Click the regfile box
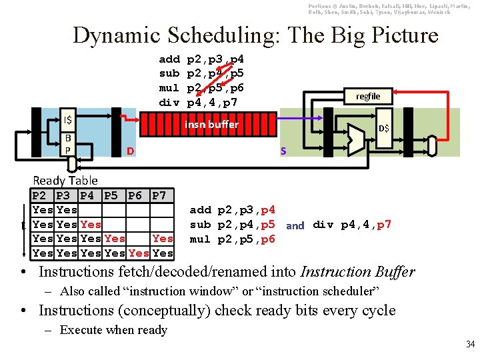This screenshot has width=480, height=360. click(367, 96)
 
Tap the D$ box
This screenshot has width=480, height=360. click(384, 128)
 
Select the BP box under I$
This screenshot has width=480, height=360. click(67, 143)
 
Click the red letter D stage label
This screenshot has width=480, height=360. click(131, 152)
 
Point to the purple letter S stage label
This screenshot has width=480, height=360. click(283, 152)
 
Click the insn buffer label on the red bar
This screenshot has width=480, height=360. click(211, 125)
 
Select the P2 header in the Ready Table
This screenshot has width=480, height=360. click(39, 195)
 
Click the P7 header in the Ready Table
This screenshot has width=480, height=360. click(159, 195)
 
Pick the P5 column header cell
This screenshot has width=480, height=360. click(111, 195)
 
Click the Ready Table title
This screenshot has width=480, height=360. click(65, 180)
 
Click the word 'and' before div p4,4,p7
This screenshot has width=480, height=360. click(295, 225)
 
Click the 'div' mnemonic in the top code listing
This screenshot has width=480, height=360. click(169, 103)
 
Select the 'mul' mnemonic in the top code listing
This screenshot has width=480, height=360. click(169, 88)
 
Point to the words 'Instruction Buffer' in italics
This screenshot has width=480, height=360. click(358, 271)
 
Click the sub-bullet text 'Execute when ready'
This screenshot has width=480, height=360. click(113, 329)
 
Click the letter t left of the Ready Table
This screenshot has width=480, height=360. click(24, 225)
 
